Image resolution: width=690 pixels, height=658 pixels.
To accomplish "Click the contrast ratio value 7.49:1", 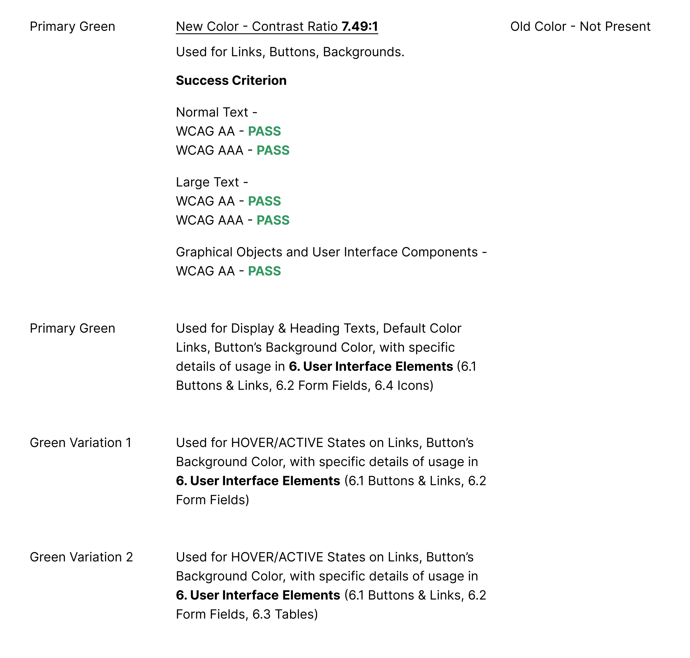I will (359, 27).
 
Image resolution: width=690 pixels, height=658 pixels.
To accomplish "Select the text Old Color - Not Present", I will (580, 27).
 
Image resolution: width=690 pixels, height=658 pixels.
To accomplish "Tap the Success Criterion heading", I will (231, 81).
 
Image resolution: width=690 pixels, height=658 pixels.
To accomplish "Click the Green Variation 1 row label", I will (81, 443).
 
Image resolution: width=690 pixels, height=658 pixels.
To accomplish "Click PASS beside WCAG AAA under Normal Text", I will (273, 150).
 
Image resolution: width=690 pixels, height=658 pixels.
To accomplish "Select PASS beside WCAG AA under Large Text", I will (265, 201).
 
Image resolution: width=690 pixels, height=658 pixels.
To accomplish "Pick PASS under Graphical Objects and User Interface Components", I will (265, 271).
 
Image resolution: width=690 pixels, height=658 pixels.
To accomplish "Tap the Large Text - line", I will (212, 182).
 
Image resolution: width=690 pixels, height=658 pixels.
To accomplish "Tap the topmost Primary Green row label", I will (73, 27).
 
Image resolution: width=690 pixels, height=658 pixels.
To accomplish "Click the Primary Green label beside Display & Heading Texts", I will (73, 328).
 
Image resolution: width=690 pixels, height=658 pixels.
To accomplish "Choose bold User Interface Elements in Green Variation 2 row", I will (265, 595).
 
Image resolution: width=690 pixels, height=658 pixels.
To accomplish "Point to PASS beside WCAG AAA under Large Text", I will (273, 220).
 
